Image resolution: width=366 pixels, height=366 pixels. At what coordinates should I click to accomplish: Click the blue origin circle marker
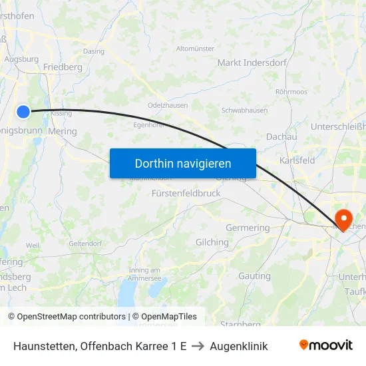tap(23, 111)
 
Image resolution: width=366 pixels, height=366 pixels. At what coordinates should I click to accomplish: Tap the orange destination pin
tap(344, 218)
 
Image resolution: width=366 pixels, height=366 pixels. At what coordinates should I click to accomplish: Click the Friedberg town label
tap(63, 67)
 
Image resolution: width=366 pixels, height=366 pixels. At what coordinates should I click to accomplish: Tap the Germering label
tap(248, 228)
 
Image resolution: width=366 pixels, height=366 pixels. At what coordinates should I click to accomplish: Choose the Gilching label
tap(212, 242)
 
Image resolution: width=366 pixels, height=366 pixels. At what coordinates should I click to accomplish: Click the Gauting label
tap(254, 275)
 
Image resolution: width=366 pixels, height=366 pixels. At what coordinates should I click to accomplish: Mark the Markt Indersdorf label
tap(252, 63)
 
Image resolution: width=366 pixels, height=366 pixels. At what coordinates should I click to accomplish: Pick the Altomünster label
tap(195, 49)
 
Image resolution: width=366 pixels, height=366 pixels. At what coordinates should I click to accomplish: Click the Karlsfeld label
tap(297, 160)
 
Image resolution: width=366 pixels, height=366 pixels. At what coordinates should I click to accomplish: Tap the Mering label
tap(63, 131)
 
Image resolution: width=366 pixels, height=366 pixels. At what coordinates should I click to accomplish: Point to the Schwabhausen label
tap(244, 110)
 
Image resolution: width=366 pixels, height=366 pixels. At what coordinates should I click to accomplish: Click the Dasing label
tap(93, 51)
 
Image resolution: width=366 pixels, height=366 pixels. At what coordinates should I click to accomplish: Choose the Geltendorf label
tap(85, 244)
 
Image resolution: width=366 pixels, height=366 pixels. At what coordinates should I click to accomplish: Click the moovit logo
tap(326, 345)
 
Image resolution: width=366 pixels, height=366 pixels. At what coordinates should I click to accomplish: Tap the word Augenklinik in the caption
tap(238, 346)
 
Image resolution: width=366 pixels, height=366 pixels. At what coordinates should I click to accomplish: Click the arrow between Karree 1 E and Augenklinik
tap(198, 346)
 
